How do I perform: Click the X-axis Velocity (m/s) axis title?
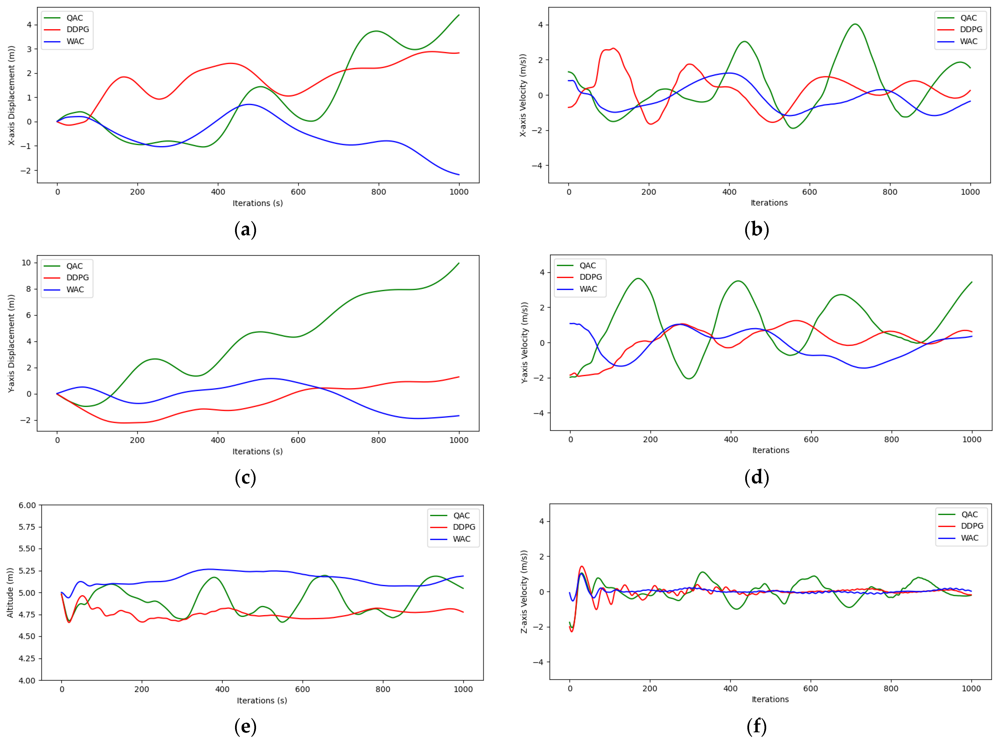[523, 95]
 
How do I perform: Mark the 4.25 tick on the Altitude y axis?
[27, 658]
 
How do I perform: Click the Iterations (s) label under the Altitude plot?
[262, 701]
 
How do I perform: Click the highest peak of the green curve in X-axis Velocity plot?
[855, 24]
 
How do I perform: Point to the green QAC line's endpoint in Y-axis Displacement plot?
[459, 263]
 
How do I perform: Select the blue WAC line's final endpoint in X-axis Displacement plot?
[459, 174]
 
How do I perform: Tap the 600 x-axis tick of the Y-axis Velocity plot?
[811, 440]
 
